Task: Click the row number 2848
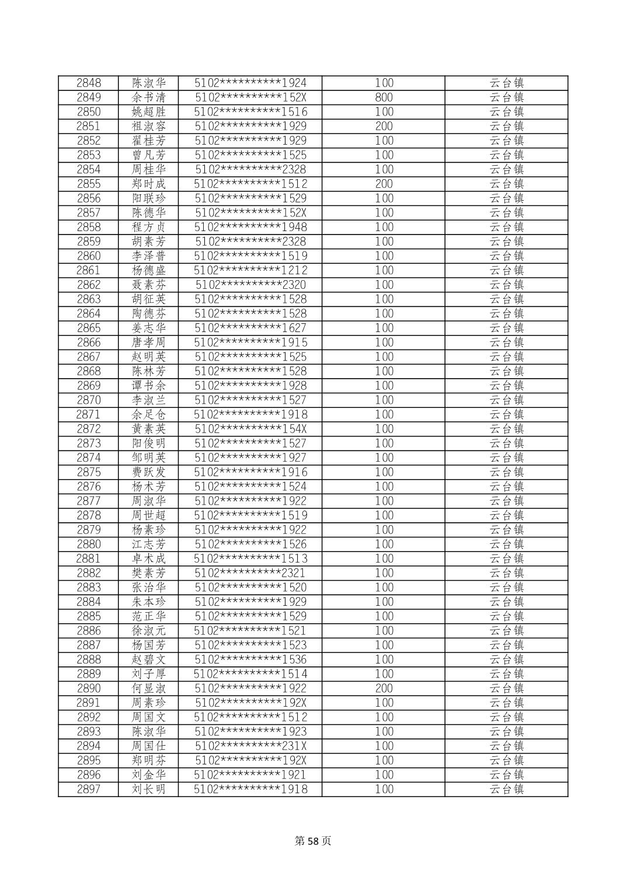(88, 83)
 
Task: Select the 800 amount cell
(384, 97)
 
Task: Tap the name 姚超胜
(148, 112)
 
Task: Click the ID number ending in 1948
(250, 227)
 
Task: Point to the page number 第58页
(313, 841)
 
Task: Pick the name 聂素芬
(148, 285)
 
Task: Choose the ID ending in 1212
(250, 270)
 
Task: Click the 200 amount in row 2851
(384, 126)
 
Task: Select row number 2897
(88, 789)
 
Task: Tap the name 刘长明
(148, 789)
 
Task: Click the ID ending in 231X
(250, 746)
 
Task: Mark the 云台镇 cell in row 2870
(506, 400)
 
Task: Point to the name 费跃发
(148, 472)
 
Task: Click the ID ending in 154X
(250, 429)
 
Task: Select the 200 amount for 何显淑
(384, 688)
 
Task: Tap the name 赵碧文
(148, 659)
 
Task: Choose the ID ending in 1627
(250, 328)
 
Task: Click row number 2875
(88, 472)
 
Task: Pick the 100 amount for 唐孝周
(384, 343)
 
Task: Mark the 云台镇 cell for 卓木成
(506, 558)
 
